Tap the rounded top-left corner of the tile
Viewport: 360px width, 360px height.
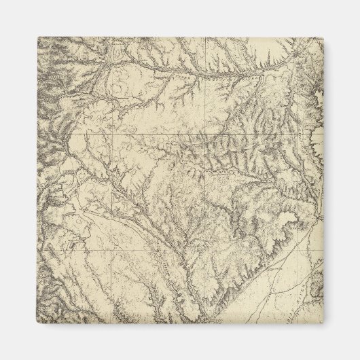39,39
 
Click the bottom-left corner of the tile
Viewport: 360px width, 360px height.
39,321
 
